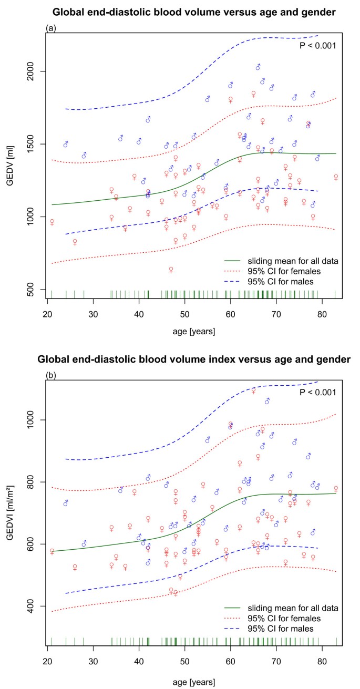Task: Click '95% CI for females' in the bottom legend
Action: [287, 618]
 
